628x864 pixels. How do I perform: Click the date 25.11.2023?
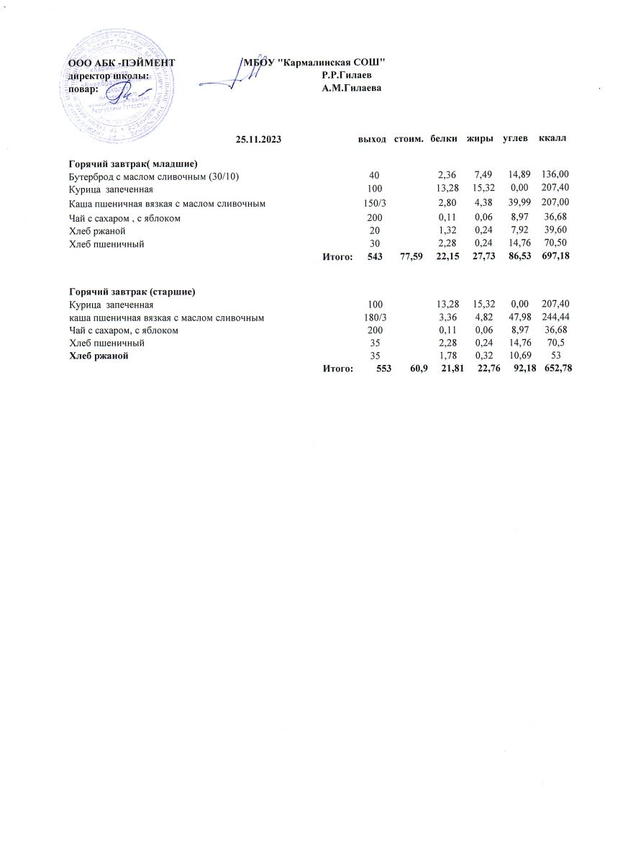tap(258, 138)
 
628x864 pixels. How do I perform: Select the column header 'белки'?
tap(443, 138)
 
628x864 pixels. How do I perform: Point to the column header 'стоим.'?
tap(408, 138)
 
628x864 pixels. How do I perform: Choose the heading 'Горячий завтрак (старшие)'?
tap(132, 292)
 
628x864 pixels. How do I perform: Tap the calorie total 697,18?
tap(555, 256)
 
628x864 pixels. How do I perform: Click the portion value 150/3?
tap(376, 204)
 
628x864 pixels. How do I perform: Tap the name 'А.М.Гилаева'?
tap(351, 88)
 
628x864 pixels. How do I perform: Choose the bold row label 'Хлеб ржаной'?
tap(99, 356)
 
